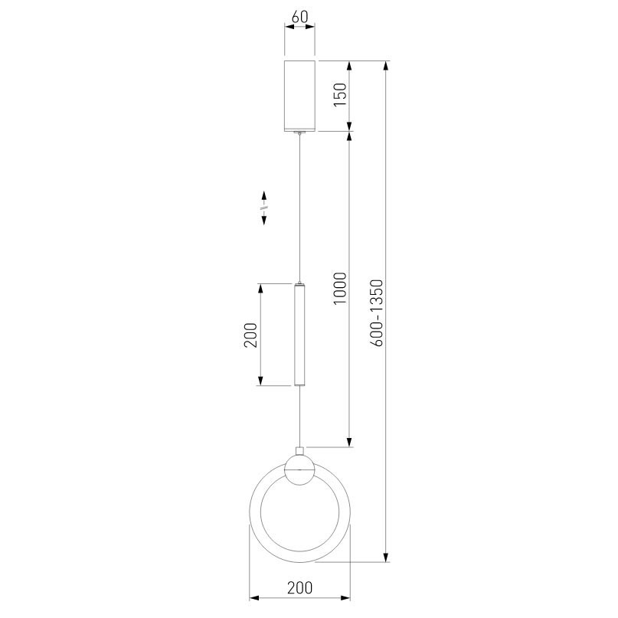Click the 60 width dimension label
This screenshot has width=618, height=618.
click(x=299, y=17)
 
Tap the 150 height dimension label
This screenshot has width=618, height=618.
click(x=340, y=94)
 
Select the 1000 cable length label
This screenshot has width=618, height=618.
click(x=340, y=288)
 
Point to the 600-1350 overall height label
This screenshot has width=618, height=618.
click(x=377, y=312)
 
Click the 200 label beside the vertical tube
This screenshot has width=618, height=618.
click(x=250, y=335)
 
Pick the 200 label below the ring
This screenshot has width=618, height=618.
click(x=299, y=587)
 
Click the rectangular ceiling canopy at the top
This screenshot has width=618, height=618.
click(x=299, y=96)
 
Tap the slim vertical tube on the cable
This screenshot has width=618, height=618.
click(x=299, y=334)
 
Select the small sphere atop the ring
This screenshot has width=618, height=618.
click(x=299, y=469)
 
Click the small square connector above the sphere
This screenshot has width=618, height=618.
click(x=299, y=451)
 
